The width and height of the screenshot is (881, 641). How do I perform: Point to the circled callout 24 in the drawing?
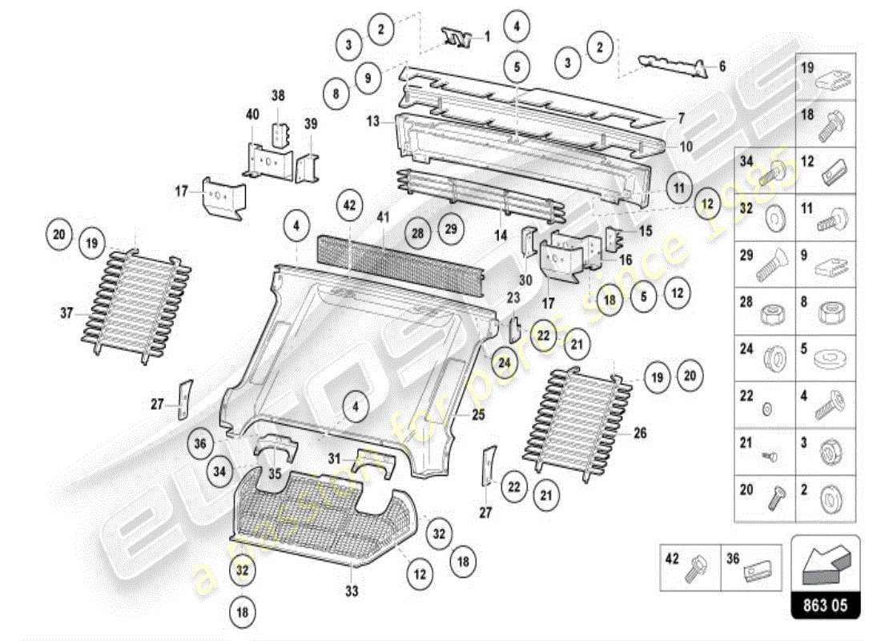coord(504,362)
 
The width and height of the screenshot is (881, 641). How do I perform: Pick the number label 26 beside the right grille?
coord(640,433)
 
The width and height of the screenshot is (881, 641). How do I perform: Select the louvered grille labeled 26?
coord(575,422)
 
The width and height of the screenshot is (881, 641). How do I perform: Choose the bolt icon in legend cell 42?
coord(694,567)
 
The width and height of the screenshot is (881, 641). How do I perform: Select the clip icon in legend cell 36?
coord(758,571)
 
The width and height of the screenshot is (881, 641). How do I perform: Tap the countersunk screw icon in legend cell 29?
coord(767,269)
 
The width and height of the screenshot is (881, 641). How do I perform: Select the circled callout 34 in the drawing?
coord(219,471)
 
